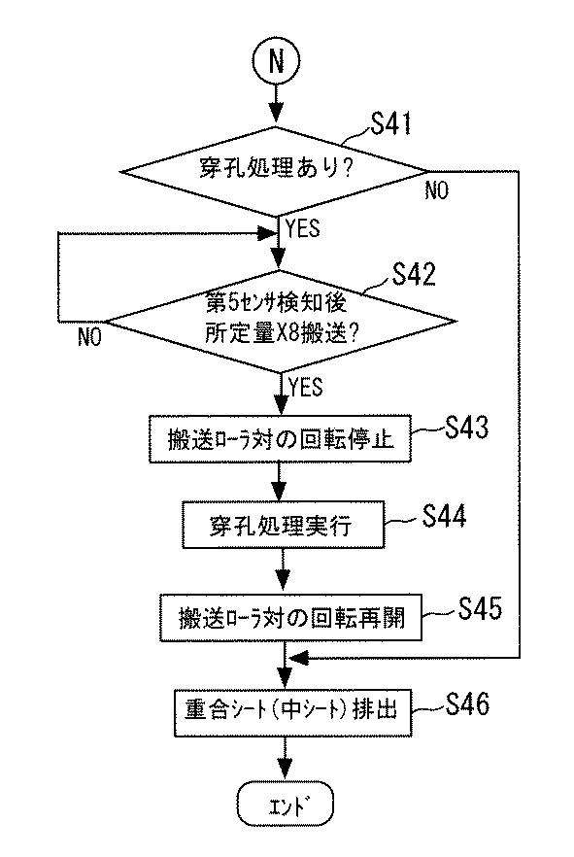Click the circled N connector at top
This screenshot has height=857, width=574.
[x=277, y=60]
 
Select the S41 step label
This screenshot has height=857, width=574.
[x=391, y=123]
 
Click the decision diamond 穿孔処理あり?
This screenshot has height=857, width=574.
[x=275, y=171]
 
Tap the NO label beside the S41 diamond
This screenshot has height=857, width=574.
[x=436, y=190]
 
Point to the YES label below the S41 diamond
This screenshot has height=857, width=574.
[x=303, y=228]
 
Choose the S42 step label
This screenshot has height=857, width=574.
[x=415, y=274]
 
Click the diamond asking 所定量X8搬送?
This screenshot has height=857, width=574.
[x=279, y=322]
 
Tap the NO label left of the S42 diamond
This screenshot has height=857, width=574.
[x=89, y=336]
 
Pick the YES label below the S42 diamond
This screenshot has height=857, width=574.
[x=306, y=387]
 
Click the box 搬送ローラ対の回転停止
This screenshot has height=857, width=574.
[x=280, y=439]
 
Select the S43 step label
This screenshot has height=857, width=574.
[x=466, y=427]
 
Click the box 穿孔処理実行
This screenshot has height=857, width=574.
[x=283, y=525]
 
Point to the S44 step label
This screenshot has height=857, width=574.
[x=444, y=515]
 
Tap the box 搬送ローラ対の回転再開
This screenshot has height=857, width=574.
[x=290, y=618]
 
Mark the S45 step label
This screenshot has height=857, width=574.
[x=480, y=608]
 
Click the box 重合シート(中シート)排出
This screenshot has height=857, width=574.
[x=292, y=713]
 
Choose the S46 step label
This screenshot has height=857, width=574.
[x=467, y=703]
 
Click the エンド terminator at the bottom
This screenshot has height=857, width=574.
[x=286, y=806]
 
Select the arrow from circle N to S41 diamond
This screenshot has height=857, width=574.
[x=277, y=105]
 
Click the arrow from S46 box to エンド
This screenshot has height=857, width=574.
[x=286, y=759]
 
